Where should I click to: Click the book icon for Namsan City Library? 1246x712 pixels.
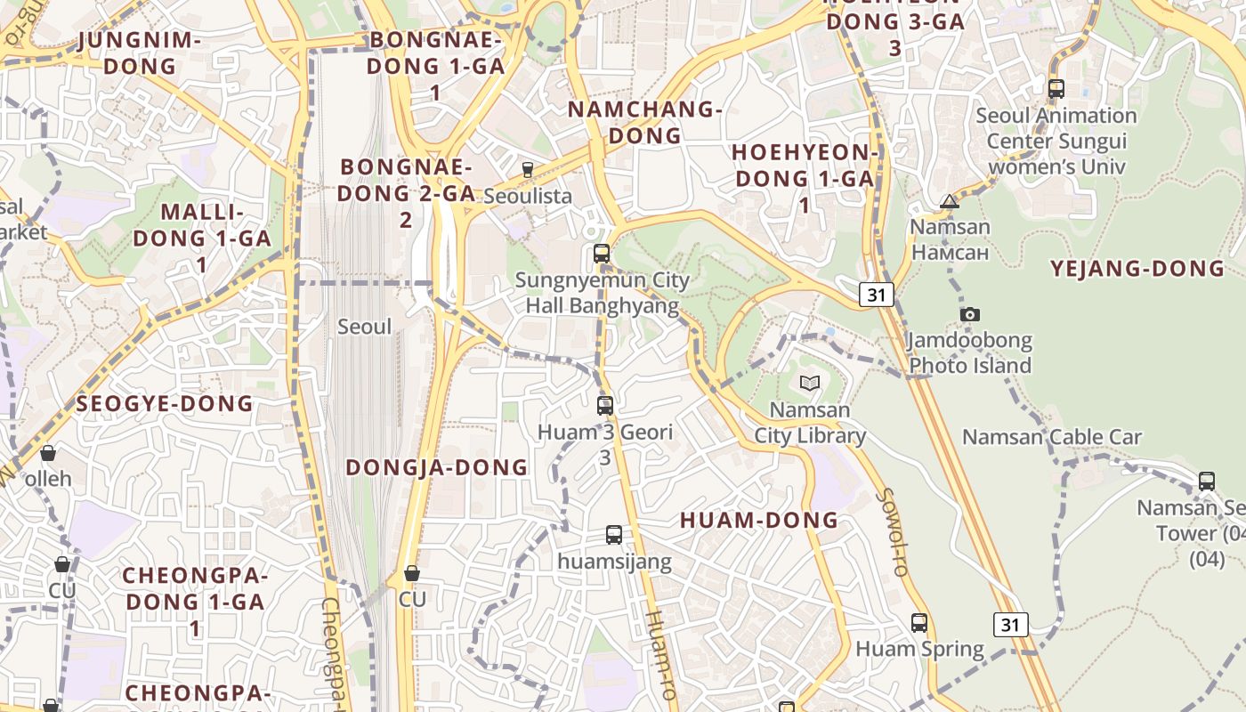point(809,383)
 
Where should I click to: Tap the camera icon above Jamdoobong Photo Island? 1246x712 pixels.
point(970,314)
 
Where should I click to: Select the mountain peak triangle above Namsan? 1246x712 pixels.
point(950,201)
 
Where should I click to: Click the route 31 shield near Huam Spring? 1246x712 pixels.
point(1010,625)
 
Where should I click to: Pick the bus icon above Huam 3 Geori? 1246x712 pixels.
point(605,406)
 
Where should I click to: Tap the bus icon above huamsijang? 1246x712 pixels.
point(614,535)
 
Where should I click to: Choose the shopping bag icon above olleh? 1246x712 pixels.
point(48,453)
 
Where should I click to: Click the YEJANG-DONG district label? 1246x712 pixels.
point(1137,269)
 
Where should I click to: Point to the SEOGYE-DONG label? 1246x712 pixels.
point(165,404)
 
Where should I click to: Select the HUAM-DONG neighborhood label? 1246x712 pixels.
point(759,521)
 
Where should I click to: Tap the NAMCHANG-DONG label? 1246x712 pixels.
point(644,122)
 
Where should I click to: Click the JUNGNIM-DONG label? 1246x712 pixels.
point(140,53)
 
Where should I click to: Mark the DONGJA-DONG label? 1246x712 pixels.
point(436,467)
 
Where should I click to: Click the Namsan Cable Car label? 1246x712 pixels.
point(1051,437)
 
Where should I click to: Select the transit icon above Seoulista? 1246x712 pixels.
point(528,169)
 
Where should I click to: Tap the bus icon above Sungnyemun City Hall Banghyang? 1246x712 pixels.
point(602,254)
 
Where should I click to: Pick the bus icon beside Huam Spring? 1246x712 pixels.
point(919,623)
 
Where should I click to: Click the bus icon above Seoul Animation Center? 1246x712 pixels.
point(1056,89)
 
